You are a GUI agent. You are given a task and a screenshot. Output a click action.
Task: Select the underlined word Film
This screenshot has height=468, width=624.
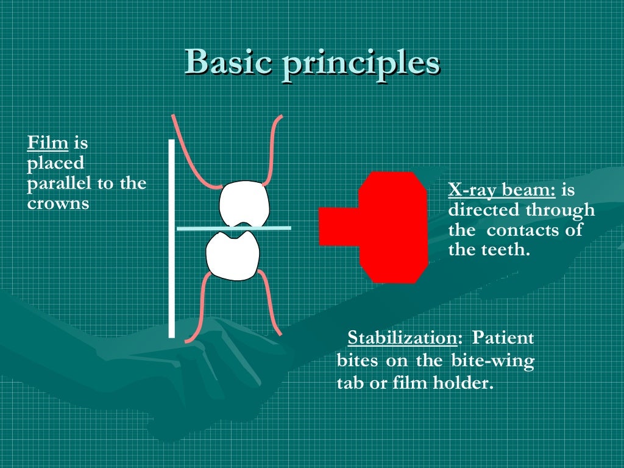(47, 144)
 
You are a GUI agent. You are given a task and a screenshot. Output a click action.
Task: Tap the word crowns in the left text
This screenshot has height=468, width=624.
(58, 203)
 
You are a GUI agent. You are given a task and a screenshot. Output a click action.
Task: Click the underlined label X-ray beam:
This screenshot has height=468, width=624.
(502, 191)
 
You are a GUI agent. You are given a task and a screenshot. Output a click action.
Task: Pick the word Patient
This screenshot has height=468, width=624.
(503, 338)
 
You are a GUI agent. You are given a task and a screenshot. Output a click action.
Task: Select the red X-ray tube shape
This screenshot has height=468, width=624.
(390, 227)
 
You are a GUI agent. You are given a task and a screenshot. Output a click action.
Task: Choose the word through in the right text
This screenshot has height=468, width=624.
(560, 211)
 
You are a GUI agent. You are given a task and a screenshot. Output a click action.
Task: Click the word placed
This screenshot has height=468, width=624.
(55, 163)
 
